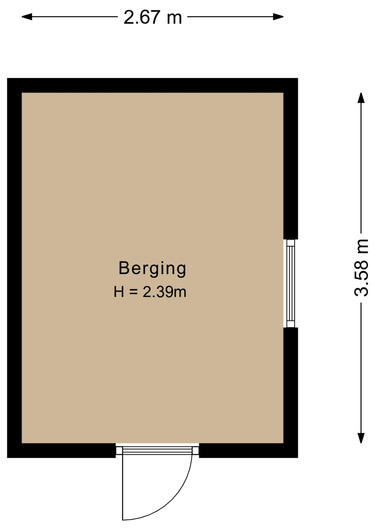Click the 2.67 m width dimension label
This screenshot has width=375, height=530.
[x=153, y=17]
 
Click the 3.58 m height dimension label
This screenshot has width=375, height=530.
[x=361, y=268]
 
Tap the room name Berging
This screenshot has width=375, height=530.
[x=152, y=269]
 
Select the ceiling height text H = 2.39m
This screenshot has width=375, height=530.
[x=150, y=292]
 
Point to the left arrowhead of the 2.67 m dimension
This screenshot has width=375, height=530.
[x=27, y=17]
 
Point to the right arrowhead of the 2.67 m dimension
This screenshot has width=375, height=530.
[x=278, y=17]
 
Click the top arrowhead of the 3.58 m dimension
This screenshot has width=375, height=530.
[x=361, y=98]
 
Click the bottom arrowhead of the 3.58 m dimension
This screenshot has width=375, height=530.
[x=361, y=438]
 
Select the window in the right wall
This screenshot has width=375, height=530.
[x=291, y=283]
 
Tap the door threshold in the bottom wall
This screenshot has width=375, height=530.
[x=157, y=450]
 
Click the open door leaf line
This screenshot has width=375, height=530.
[x=123, y=487]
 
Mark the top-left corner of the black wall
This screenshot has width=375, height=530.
[x=7, y=78]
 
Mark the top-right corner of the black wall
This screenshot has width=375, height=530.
[x=298, y=78]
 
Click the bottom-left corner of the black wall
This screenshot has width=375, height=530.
[x=7, y=458]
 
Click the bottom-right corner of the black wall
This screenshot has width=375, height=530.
[x=298, y=458]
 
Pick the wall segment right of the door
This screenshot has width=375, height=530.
[x=249, y=451]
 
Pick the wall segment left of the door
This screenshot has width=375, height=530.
[x=61, y=451]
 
